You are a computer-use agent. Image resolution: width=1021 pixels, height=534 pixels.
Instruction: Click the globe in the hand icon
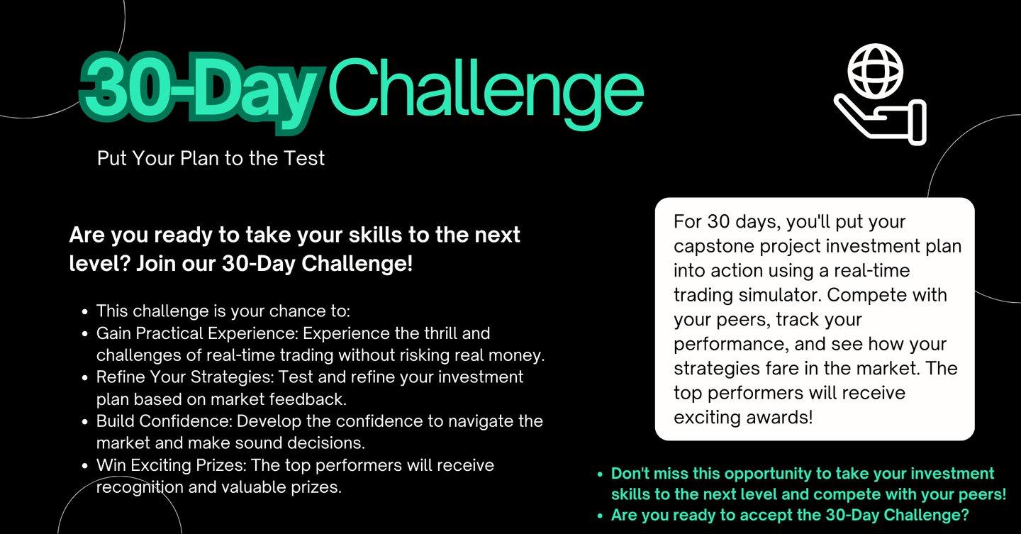click(x=875, y=71)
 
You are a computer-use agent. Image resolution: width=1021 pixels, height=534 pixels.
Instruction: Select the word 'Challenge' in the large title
click(x=486, y=91)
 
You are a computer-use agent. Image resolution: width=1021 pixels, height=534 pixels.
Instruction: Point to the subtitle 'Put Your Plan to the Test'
click(x=211, y=159)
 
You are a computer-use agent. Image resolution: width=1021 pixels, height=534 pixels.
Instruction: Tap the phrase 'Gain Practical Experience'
click(x=197, y=333)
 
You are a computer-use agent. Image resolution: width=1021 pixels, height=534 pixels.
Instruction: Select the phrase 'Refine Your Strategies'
click(x=184, y=377)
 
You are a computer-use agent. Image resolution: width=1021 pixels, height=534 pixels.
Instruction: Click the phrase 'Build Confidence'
click(x=164, y=421)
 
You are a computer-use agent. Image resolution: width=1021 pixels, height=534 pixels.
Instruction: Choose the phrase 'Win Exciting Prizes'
click(x=171, y=465)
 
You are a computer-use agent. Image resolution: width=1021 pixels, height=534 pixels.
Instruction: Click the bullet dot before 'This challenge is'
click(x=85, y=312)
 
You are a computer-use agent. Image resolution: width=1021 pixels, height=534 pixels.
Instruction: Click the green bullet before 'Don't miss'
click(x=600, y=474)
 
